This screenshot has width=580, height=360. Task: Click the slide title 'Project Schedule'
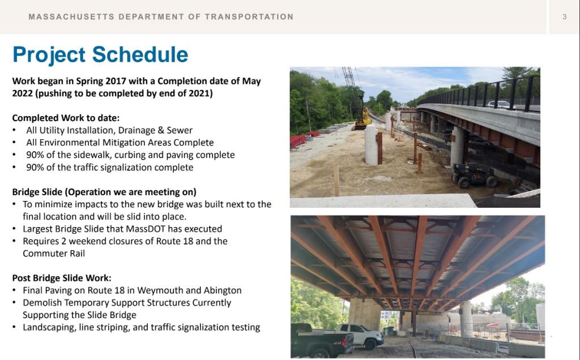coord(100,55)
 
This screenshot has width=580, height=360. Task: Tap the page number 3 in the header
coord(565,16)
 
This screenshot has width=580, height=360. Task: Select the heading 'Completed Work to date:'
coord(66,118)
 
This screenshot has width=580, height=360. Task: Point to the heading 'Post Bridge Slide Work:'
coord(62,278)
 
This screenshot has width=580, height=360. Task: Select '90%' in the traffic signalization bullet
coord(35,168)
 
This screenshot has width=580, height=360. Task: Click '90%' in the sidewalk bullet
coord(35,155)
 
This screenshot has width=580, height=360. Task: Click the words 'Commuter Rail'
coord(54,254)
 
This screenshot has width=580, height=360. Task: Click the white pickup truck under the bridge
coord(361,336)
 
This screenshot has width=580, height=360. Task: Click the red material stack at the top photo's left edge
coord(298,141)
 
